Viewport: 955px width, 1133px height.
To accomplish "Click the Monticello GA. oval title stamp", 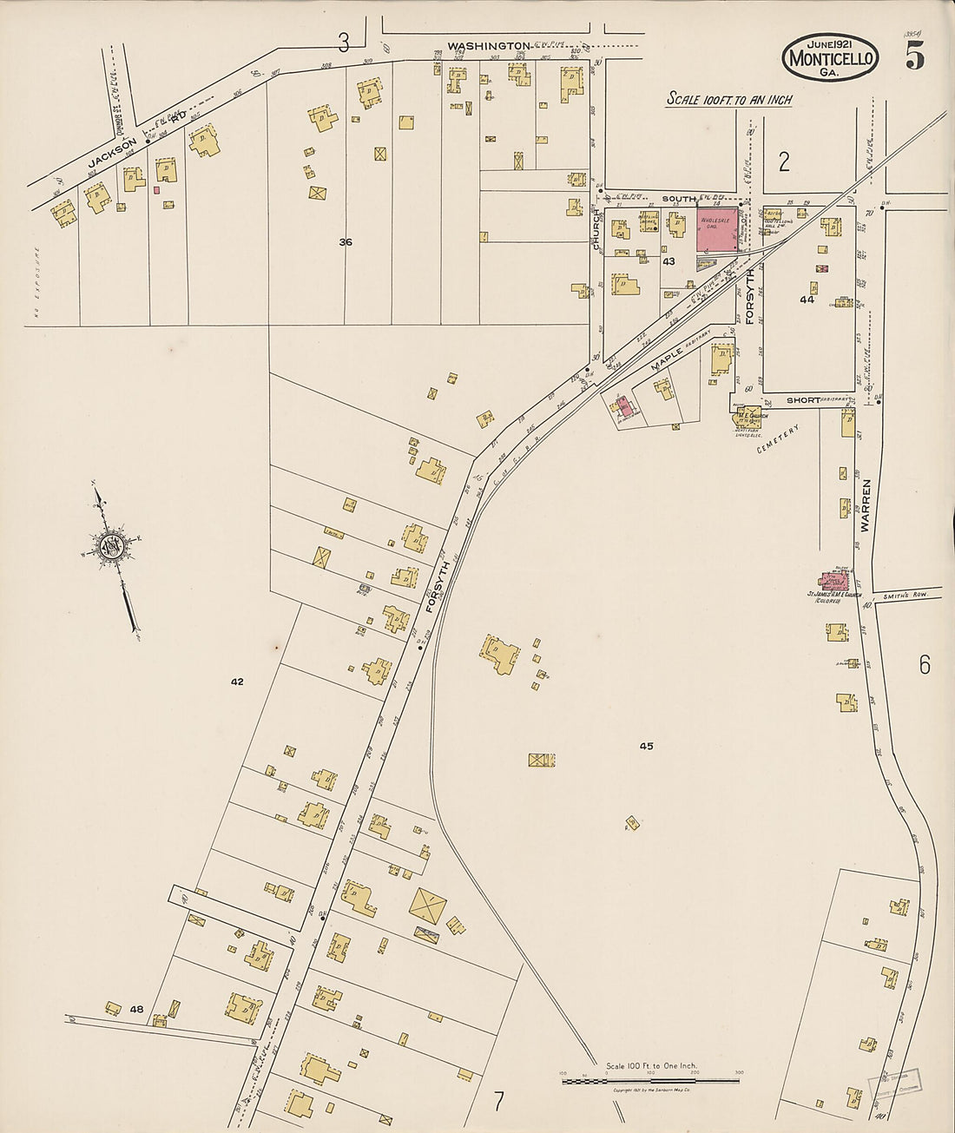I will (x=830, y=58).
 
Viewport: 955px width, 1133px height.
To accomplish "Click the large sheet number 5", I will (x=914, y=56).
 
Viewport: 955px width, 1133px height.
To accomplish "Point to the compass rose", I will (x=111, y=547).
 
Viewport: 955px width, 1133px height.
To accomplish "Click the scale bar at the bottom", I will (x=650, y=1081).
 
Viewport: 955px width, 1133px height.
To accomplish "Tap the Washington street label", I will (x=488, y=45).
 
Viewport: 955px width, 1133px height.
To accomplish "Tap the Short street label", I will (x=803, y=400).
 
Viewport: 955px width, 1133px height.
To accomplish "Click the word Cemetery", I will (x=776, y=439).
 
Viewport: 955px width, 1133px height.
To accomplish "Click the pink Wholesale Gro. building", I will (x=717, y=229).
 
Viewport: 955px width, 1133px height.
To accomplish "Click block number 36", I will (x=346, y=242).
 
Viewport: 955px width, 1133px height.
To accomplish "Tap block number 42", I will (x=237, y=682).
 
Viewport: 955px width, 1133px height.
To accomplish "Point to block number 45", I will (x=646, y=746).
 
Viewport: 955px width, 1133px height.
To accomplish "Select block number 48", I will (x=136, y=1009).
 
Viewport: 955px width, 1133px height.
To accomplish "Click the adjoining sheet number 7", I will (x=498, y=1102).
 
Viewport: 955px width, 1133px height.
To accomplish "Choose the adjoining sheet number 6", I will (x=925, y=665).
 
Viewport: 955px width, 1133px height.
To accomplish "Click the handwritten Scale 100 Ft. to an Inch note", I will (x=729, y=100).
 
